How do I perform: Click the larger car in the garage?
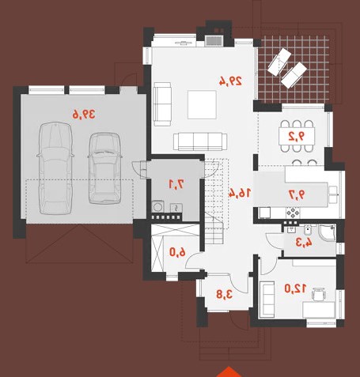pyautogui.click(x=55, y=168)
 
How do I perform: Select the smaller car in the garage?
pyautogui.click(x=104, y=168)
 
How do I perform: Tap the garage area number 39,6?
pyautogui.click(x=84, y=115)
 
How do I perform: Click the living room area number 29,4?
pyautogui.click(x=230, y=81)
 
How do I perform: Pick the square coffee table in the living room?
pyautogui.click(x=202, y=104)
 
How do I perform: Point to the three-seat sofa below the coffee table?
pyautogui.click(x=200, y=141)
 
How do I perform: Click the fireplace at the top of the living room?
pyautogui.click(x=214, y=41)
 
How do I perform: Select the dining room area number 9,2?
pyautogui.click(x=297, y=136)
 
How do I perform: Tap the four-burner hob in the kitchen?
pyautogui.click(x=293, y=213)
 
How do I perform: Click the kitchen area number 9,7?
pyautogui.click(x=297, y=194)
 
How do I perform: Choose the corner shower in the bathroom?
pyautogui.click(x=328, y=233)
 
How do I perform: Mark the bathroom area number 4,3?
pyautogui.click(x=304, y=243)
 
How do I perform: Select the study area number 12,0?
pyautogui.click(x=295, y=288)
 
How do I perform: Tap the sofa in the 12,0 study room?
pyautogui.click(x=267, y=299)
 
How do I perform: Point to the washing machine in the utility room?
pyautogui.click(x=158, y=206)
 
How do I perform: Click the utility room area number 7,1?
pyautogui.click(x=176, y=184)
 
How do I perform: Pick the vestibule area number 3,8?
pyautogui.click(x=225, y=294)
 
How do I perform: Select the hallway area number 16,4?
pyautogui.click(x=239, y=193)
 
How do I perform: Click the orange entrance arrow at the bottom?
pyautogui.click(x=229, y=372)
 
